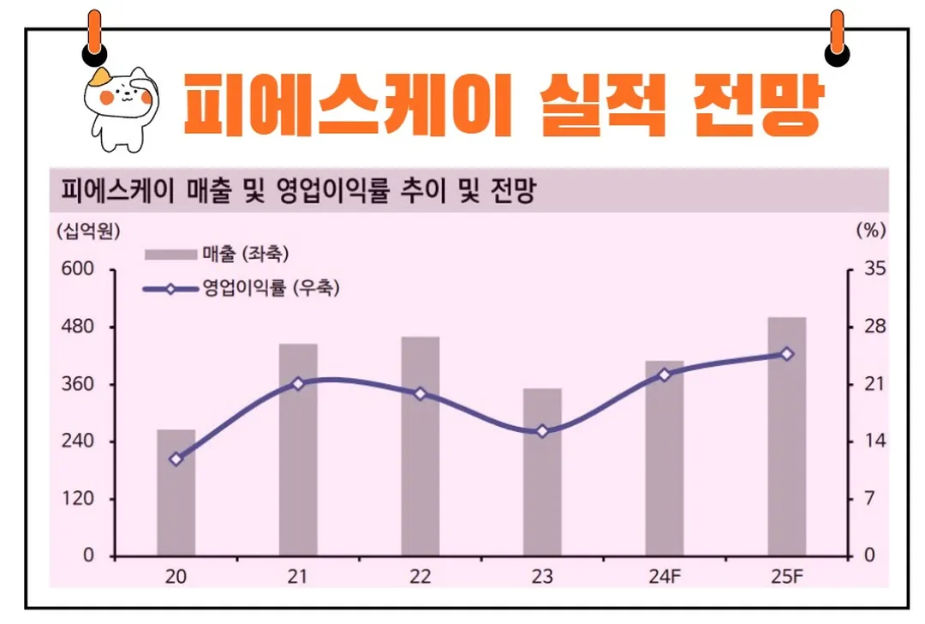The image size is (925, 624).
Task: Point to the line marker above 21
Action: (298, 384)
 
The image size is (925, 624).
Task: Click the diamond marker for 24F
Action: (664, 375)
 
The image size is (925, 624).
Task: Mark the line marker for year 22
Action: (420, 394)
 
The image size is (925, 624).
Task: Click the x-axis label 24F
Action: (664, 577)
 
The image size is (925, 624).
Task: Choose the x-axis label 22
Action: (420, 577)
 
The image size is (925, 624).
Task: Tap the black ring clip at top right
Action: (837, 53)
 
